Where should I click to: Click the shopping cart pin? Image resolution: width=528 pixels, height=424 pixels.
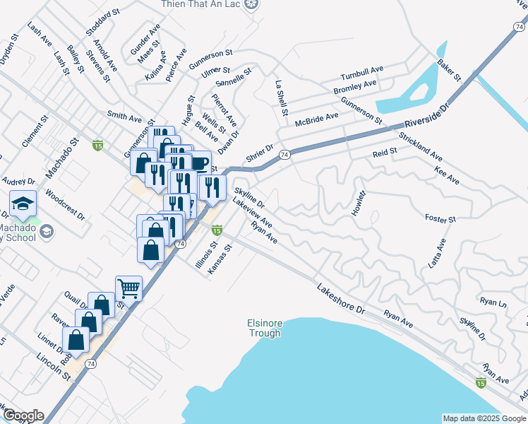coord(128,287)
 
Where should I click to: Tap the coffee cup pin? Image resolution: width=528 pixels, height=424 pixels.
coord(199,163)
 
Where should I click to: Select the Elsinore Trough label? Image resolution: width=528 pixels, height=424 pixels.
coord(265,329)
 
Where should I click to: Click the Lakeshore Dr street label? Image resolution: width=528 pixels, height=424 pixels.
coord(341,300)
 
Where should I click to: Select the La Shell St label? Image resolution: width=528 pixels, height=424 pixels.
coord(282,98)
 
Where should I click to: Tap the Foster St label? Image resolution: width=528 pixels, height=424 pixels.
coord(440,220)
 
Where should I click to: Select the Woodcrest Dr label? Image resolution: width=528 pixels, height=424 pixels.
coord(64,204)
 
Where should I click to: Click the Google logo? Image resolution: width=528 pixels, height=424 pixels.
coord(23,416)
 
